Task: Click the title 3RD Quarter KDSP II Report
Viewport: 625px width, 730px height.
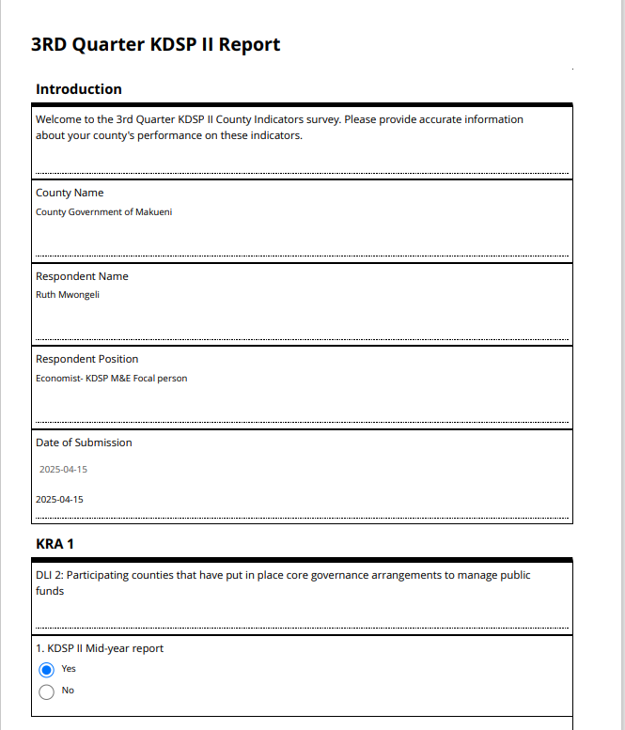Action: click(155, 44)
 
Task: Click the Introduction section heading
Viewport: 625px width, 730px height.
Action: click(79, 89)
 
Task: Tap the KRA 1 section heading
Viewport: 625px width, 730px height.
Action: click(55, 544)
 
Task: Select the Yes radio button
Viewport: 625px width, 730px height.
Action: click(47, 670)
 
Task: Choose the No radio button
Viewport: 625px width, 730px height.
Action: click(47, 691)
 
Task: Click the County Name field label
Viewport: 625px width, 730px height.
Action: click(70, 193)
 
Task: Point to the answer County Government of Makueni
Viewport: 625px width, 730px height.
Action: click(103, 212)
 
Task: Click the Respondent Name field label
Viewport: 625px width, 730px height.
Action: click(82, 276)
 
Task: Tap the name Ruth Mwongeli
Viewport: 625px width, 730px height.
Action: click(68, 295)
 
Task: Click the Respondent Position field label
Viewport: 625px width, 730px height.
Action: click(86, 359)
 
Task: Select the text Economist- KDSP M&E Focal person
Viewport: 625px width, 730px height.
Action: click(111, 379)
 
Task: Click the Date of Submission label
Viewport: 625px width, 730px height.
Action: click(84, 443)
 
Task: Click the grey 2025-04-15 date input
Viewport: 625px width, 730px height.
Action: click(63, 470)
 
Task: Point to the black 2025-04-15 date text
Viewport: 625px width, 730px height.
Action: click(59, 500)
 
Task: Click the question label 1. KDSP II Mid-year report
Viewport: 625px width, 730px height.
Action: click(100, 648)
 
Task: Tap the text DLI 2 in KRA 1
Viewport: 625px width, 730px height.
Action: click(49, 575)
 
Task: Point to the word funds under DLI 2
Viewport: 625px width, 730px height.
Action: click(50, 591)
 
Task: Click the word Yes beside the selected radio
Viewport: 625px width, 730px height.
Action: click(69, 669)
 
